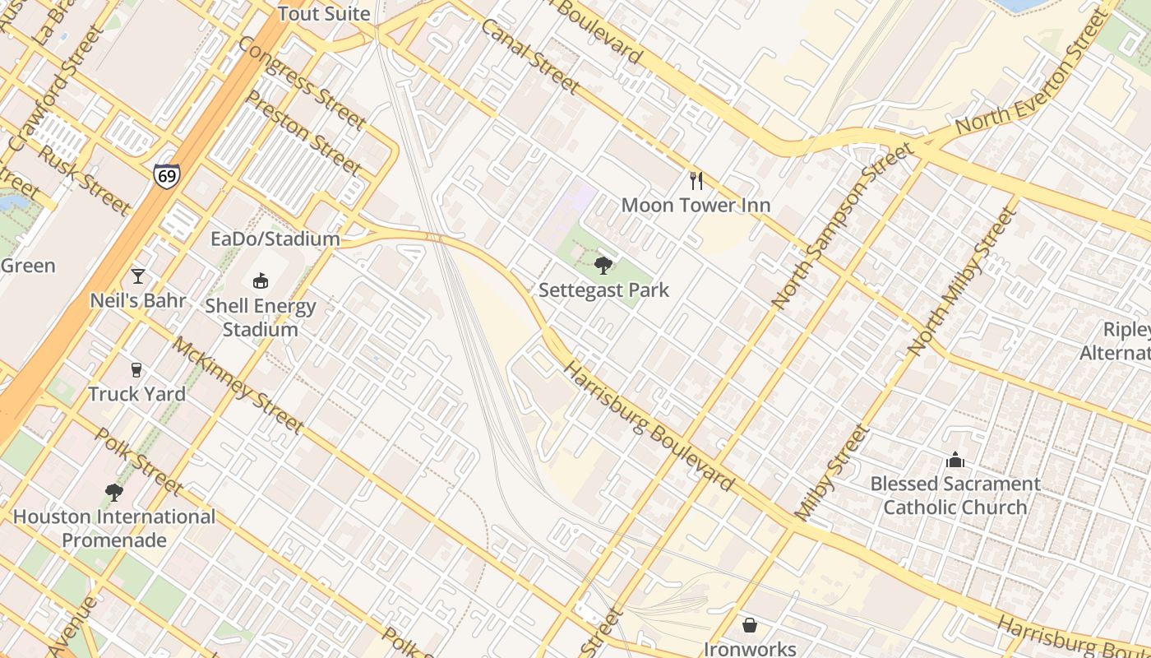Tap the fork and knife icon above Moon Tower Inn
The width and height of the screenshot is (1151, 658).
(696, 180)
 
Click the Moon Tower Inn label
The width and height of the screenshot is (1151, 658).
(696, 205)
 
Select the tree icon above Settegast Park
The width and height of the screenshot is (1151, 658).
(603, 265)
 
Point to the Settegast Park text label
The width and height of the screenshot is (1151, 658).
(603, 290)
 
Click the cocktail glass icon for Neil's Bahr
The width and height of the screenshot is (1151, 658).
(138, 276)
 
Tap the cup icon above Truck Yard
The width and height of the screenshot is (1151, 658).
(136, 370)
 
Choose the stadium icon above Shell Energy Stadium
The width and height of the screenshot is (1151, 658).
(261, 281)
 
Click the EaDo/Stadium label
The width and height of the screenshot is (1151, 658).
(275, 239)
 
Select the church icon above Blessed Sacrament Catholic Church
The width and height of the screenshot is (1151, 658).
(955, 459)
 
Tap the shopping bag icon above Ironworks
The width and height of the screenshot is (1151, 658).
(750, 625)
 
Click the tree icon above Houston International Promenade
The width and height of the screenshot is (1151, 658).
(114, 493)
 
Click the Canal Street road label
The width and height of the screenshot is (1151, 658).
(530, 56)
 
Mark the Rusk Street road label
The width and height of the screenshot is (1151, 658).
(83, 179)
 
